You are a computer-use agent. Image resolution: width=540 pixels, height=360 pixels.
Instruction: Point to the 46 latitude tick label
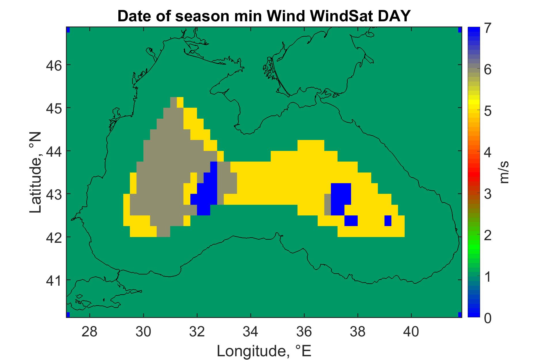pyautogui.click(x=54, y=65)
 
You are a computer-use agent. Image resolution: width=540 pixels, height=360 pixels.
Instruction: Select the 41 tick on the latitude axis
pyautogui.click(x=54, y=280)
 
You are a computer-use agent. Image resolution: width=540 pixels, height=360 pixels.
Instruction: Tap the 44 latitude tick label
pyautogui.click(x=54, y=151)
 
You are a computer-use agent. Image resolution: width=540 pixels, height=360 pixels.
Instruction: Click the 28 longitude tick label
pyautogui.click(x=90, y=332)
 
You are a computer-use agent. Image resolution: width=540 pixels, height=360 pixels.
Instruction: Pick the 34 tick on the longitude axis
pyautogui.click(x=251, y=332)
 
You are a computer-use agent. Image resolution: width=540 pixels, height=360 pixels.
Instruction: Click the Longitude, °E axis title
pyautogui.click(x=264, y=351)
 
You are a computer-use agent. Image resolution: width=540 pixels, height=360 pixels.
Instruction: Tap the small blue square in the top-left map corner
pyautogui.click(x=68, y=30)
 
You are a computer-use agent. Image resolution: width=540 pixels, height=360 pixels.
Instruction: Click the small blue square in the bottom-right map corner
pyautogui.click(x=460, y=314)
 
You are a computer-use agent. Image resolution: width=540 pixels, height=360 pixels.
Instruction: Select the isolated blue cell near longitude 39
pyautogui.click(x=388, y=221)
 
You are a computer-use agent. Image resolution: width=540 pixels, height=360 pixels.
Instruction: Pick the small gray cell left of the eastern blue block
pyautogui.click(x=328, y=204)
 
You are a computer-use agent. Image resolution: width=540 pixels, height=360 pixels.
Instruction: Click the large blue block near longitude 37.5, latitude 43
pyautogui.click(x=341, y=199)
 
